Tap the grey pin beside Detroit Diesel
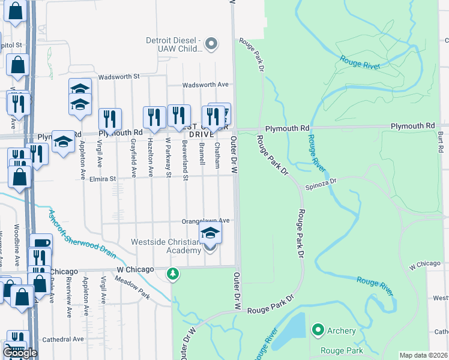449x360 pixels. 211,43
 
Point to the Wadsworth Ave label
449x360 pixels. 206,85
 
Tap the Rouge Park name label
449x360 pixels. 342,350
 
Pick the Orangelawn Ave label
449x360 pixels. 206,220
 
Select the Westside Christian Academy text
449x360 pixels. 169,247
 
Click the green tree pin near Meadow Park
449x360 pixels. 173,274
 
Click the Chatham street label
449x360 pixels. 217,154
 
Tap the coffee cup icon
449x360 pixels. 41,243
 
